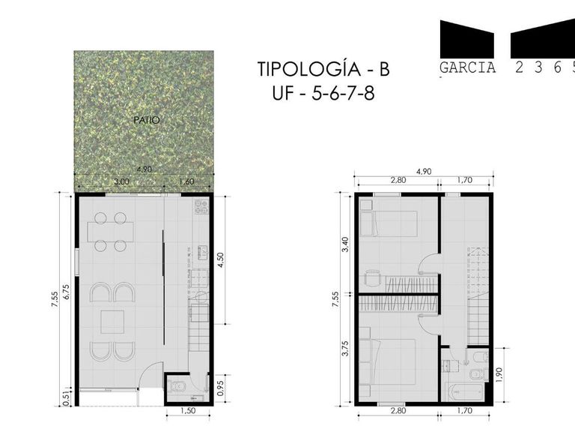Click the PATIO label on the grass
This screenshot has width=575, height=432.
pos(147,120)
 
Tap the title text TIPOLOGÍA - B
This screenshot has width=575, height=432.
pos(323,69)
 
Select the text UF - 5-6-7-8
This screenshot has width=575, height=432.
pos(323,94)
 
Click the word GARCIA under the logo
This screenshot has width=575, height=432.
pos(467,68)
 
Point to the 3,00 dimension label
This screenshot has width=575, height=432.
pos(121,181)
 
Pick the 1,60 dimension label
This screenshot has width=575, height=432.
pos(186,181)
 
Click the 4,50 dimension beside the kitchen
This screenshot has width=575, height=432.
pos(221,260)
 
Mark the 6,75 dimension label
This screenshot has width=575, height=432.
pos(67,292)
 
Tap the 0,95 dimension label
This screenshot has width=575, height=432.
pos(220,388)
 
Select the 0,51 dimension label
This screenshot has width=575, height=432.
pos(67,397)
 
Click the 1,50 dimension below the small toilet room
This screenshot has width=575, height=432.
pos(188,411)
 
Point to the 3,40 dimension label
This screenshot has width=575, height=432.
pos(345,244)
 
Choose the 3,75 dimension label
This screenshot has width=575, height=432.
pos(345,348)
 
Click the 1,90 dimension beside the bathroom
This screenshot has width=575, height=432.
pos(499,375)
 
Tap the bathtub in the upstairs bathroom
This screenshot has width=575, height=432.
pos(465,392)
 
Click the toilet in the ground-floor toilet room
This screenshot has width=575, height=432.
pos(178,386)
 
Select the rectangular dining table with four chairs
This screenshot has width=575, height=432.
pos(110,232)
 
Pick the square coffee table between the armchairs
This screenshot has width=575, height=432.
pos(112,322)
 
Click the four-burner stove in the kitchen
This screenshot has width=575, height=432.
pos(201,207)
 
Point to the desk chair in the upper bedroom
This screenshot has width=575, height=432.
pos(373,278)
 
